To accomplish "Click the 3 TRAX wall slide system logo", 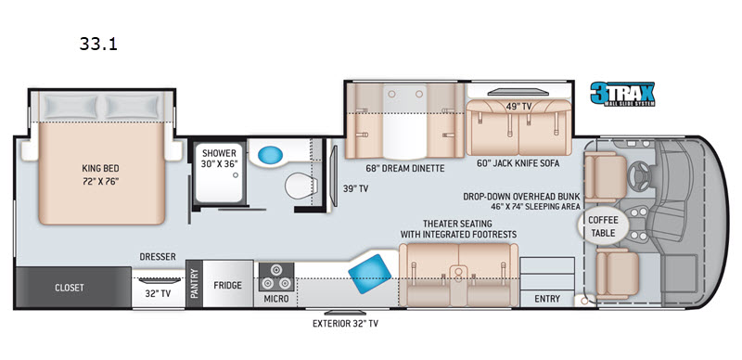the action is point(622,94).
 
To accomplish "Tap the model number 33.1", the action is point(98,44).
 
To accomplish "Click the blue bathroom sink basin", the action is point(271,154).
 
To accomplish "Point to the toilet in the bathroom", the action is point(300,186).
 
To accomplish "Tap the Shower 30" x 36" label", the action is point(219,158).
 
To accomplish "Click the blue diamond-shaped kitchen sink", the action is point(369,275).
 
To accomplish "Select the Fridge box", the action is point(227,285).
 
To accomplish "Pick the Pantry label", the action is point(194,284).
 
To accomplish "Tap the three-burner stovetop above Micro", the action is point(275,276).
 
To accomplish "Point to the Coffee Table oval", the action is point(604,226).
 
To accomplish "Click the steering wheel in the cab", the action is point(640,175).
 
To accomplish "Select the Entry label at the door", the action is point(547,299).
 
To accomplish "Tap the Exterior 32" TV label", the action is point(345,324).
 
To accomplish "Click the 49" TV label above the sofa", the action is point(518,107).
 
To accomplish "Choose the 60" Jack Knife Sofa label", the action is point(519,163).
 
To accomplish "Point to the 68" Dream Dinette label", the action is point(404,168).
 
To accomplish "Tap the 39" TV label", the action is point(355,188).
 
